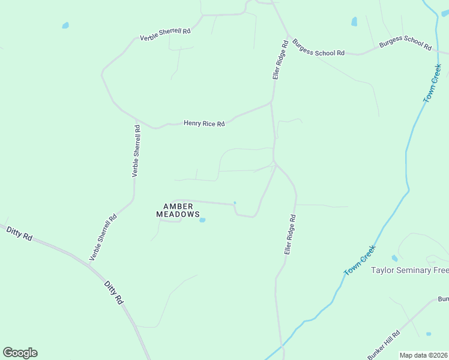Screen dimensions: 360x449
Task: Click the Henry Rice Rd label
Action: tap(204, 124)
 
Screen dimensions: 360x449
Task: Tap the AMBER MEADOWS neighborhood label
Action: tap(178, 210)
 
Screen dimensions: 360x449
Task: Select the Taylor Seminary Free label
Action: tap(410, 271)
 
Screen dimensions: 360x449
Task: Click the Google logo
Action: tap(20, 353)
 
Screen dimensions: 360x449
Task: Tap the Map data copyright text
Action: tap(424, 355)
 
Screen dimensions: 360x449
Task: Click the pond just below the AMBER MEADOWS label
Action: tap(202, 220)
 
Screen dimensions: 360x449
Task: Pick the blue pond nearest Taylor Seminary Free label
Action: tap(394, 258)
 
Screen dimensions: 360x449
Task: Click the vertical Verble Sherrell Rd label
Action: tap(136, 151)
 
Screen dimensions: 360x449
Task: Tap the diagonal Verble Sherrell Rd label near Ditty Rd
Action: tap(103, 237)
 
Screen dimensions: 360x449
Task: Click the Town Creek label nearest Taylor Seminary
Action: tap(360, 261)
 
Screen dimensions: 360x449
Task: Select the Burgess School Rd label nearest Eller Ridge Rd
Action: tap(318, 48)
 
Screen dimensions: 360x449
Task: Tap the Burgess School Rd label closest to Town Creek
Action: tap(405, 43)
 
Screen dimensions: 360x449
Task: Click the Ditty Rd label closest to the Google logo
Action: tap(19, 233)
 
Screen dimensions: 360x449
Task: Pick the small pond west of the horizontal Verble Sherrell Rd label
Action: tap(65, 25)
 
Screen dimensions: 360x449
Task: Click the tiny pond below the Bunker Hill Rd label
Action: tap(428, 334)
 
